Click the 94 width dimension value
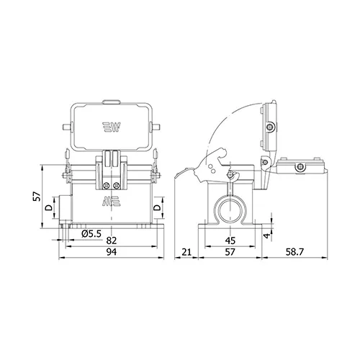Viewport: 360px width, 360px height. click(x=112, y=252)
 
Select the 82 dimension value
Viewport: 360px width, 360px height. click(x=112, y=240)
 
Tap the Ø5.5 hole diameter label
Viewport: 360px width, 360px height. click(x=91, y=233)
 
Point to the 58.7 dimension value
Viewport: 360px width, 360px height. click(x=294, y=252)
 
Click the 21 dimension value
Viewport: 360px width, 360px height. click(x=186, y=252)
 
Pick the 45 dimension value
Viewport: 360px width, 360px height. click(x=230, y=240)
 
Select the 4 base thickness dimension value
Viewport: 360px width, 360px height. click(x=267, y=236)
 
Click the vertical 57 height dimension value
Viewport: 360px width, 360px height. click(x=37, y=197)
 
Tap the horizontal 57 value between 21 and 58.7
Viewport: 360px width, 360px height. click(x=230, y=252)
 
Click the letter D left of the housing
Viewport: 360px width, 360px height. click(x=49, y=208)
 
